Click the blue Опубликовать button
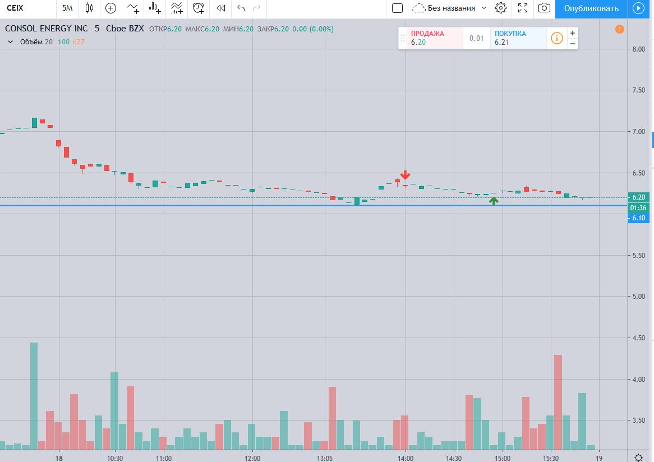point(591,8)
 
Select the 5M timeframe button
point(67,8)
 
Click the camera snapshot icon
point(544,8)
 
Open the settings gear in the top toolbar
point(501,8)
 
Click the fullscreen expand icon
point(523,8)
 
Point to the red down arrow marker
point(405,175)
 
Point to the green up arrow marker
point(494,200)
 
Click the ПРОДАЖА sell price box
point(431,38)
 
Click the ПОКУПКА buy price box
point(517,38)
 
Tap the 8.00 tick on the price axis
point(638,49)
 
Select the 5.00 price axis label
point(638,297)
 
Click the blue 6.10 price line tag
point(638,218)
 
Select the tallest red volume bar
point(558,401)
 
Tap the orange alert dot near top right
point(619,29)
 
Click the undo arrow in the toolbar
point(241,8)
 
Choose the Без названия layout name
point(451,8)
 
